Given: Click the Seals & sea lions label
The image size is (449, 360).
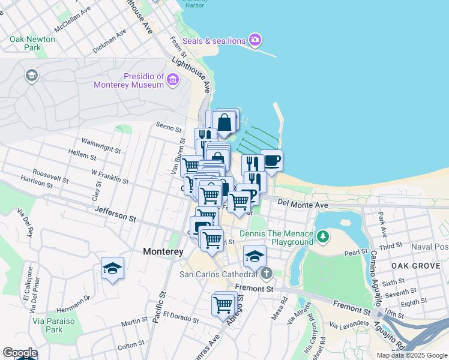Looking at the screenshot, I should point(214,41).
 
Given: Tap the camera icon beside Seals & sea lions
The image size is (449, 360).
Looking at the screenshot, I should point(256,40).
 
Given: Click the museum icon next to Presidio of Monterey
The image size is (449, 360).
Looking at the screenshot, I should point(173,79).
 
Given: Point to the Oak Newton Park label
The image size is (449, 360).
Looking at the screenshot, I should point(32,43).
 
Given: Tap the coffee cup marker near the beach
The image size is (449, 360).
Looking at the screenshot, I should point(272,161).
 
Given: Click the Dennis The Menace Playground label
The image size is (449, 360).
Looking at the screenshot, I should point(276,238).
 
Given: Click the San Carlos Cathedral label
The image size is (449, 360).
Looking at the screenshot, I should point(219,275).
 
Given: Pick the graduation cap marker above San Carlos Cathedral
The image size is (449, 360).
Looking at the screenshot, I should point(255,256).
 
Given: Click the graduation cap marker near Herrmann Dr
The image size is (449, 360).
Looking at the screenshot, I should point(112,268).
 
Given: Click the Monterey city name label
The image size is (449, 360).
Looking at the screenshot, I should point(163,252).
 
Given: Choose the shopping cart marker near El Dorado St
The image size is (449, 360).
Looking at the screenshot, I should point(223,305).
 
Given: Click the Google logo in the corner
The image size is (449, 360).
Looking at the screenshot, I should point(19,353).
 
